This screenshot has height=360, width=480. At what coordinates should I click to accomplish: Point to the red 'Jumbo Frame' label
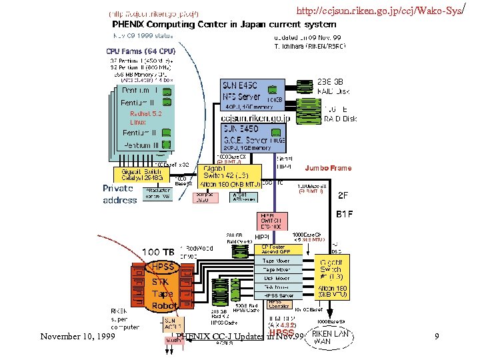click(328, 168)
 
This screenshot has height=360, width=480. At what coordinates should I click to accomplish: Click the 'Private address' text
click(120, 194)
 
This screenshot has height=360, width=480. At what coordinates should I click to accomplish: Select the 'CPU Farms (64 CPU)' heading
click(139, 50)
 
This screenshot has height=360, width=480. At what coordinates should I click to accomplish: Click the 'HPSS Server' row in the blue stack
click(279, 295)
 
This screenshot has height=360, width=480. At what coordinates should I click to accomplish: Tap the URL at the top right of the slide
click(386, 11)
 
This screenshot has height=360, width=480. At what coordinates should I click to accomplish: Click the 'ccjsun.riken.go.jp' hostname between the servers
click(255, 117)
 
